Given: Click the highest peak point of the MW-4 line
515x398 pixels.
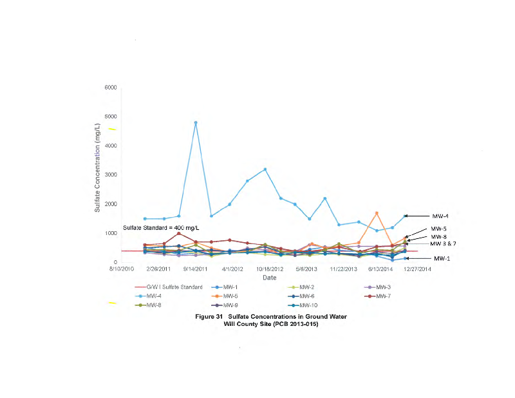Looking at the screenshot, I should tap(196, 122).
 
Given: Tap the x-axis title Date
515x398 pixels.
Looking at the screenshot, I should tap(269, 277).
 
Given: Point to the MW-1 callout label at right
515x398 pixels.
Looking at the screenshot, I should tap(442, 258).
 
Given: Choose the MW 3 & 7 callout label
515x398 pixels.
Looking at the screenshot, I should tap(444, 243).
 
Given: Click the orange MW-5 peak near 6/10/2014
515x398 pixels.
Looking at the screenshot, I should tap(377, 213).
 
